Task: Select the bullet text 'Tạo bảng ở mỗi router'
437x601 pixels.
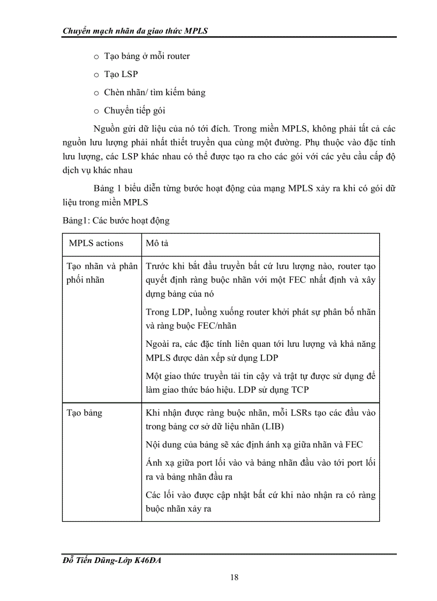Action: tap(147, 56)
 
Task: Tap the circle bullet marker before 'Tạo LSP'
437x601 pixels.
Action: tap(96, 75)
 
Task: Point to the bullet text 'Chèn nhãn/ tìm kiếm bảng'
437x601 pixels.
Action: tap(154, 92)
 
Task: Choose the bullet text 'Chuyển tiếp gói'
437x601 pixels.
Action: tap(134, 111)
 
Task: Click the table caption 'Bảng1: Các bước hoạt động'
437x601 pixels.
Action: tap(116, 220)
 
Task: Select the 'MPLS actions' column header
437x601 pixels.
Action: tap(96, 243)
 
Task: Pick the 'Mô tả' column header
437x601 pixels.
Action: tap(157, 244)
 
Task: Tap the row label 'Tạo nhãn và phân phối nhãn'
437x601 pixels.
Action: tap(101, 273)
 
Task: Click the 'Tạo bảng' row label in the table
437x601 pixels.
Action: tap(85, 413)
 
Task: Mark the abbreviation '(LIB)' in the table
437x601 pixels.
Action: tap(270, 426)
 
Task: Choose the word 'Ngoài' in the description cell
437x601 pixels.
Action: tap(158, 345)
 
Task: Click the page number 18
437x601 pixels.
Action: tap(234, 577)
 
